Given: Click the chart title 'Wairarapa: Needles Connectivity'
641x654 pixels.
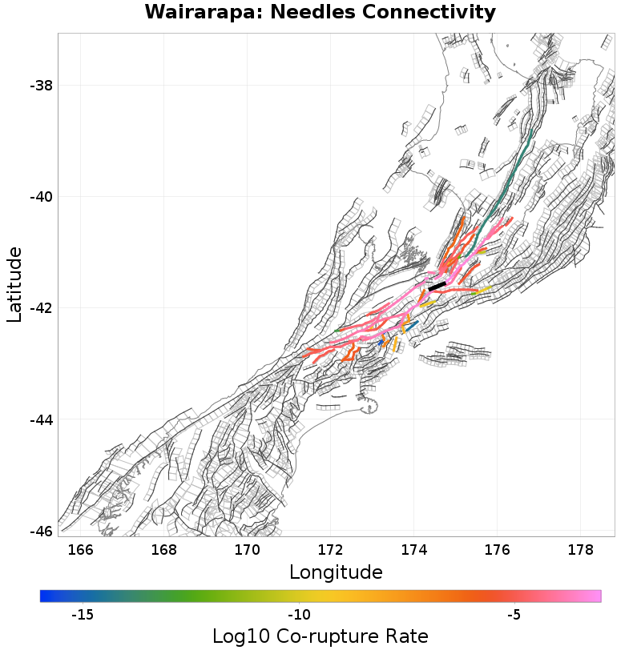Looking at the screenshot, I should point(320,13).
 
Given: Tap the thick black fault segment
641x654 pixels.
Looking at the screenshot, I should point(437,286).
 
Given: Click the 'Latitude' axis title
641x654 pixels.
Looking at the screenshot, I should point(14,284).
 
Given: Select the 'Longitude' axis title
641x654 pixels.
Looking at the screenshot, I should point(336,572).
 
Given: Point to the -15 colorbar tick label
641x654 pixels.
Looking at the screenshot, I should point(83,615).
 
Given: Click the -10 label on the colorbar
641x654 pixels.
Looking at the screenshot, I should point(299,615).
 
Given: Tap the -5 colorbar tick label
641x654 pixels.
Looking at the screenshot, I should point(514,615).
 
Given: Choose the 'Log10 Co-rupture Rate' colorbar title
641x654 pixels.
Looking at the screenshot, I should point(320,636).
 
